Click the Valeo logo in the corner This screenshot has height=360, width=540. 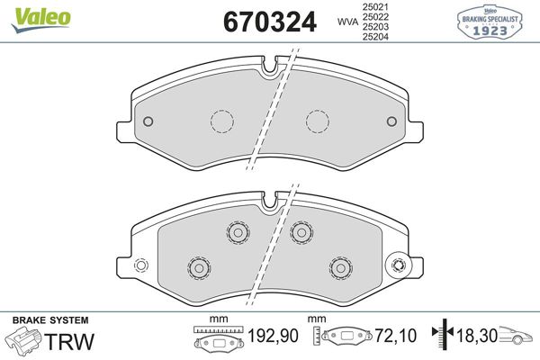pyautogui.click(x=41, y=20)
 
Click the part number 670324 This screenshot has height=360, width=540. pyautogui.click(x=270, y=22)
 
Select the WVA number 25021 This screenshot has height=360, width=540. pyautogui.click(x=375, y=6)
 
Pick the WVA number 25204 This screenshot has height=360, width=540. pyautogui.click(x=375, y=37)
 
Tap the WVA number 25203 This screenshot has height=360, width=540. pyautogui.click(x=375, y=27)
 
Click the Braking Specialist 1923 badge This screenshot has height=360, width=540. pyautogui.click(x=490, y=22)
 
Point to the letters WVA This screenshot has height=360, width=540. pyautogui.click(x=347, y=22)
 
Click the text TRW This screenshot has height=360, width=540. pyautogui.click(x=69, y=341)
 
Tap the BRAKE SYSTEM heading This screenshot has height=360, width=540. pyautogui.click(x=50, y=320)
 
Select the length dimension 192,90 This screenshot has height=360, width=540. pyautogui.click(x=273, y=336)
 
